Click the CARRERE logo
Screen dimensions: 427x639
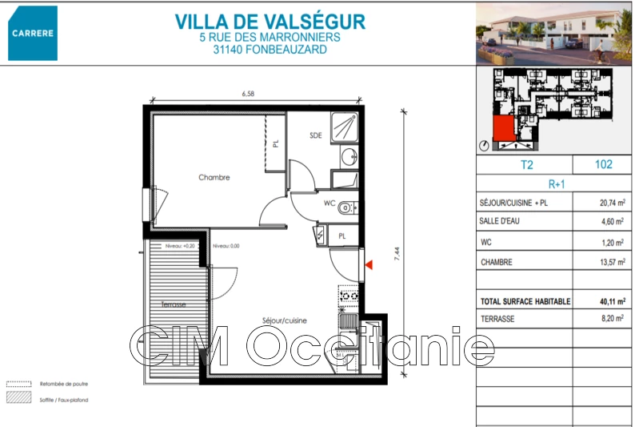[x=33, y=33]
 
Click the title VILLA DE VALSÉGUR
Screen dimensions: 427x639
[x=270, y=21]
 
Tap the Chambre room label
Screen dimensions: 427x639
[x=214, y=178]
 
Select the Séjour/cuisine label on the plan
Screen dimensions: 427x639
[x=284, y=320]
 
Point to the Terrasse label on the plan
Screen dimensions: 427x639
[x=174, y=304]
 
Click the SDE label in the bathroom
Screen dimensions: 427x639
[x=316, y=135]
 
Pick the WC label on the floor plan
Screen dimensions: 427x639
[x=329, y=203]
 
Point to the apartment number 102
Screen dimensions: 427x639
[x=604, y=164]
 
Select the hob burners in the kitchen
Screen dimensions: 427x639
[x=348, y=297]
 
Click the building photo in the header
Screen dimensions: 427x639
[x=554, y=34]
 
